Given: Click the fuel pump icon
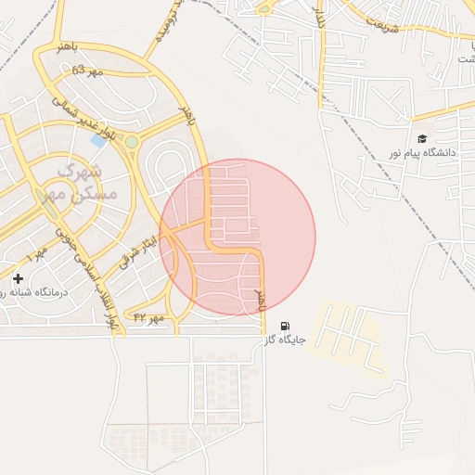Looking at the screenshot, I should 284,326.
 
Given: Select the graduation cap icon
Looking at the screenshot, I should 422,138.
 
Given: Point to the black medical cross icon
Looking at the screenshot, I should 18,278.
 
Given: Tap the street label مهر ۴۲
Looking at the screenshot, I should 148,318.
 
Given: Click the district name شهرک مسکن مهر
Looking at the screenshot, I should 78,183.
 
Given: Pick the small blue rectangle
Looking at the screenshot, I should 98,140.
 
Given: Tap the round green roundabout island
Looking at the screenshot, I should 132,142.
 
